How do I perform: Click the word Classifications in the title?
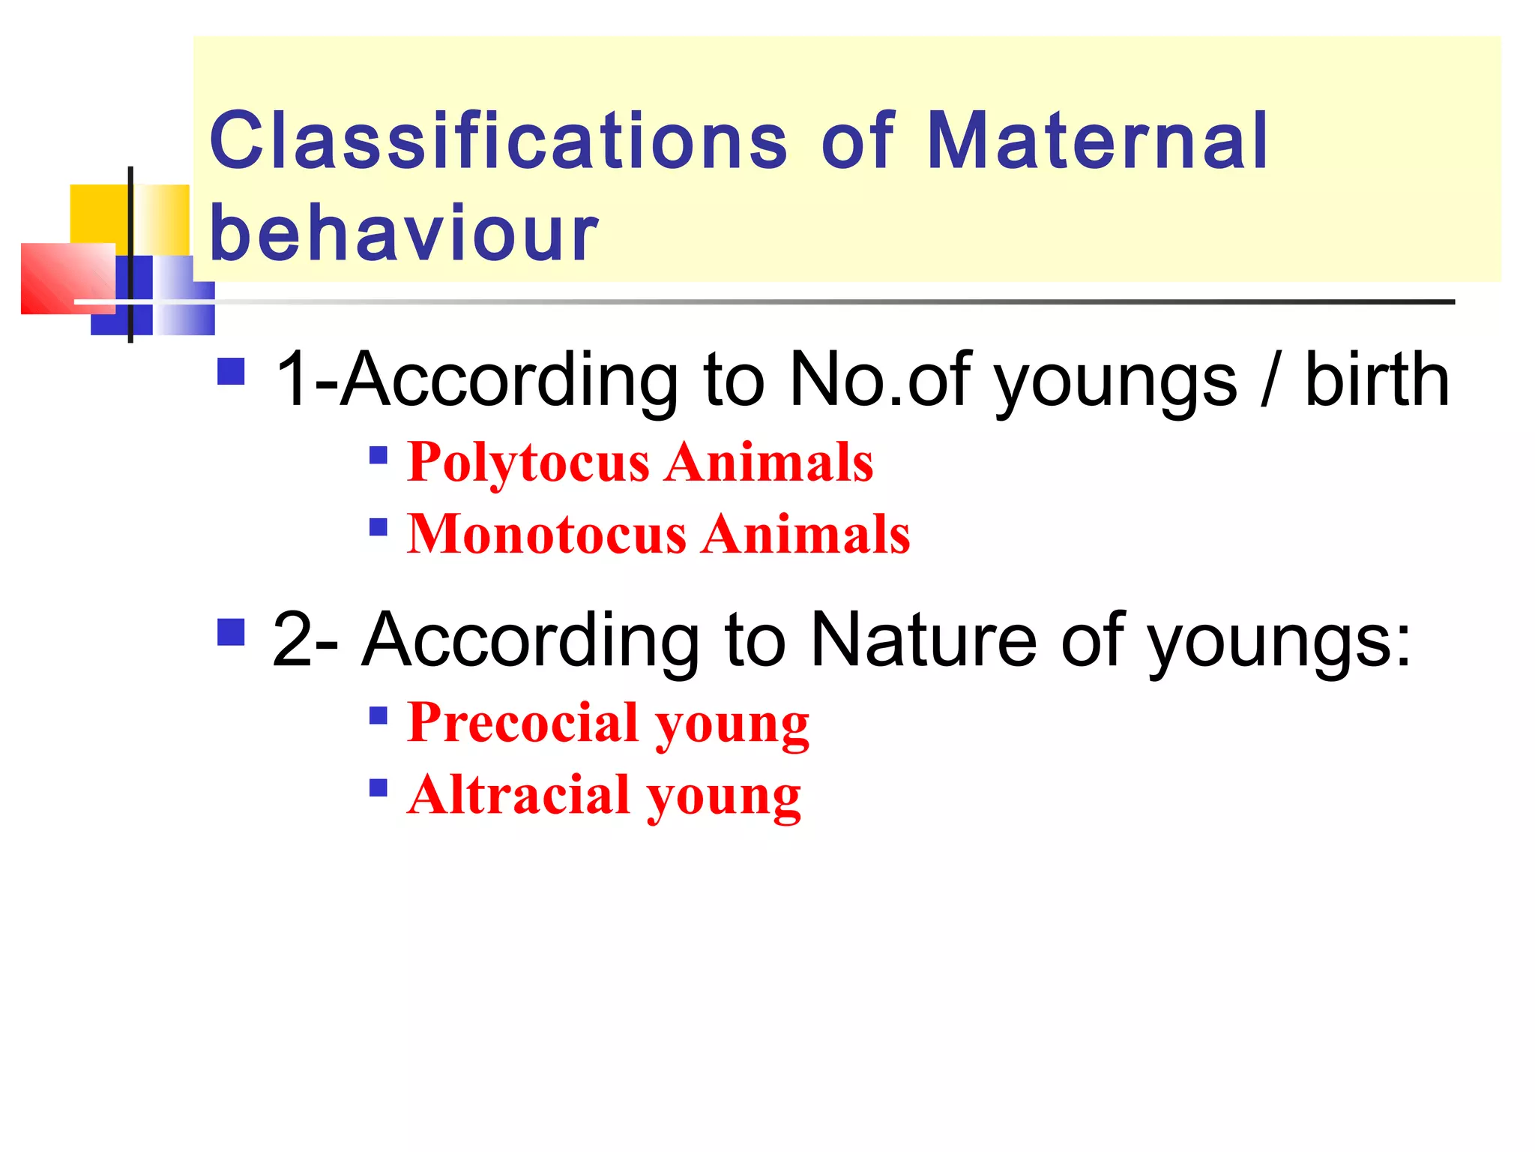click(498, 140)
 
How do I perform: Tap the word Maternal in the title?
click(1097, 140)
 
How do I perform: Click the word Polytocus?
click(528, 462)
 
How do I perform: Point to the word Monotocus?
click(546, 534)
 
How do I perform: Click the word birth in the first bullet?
click(1377, 380)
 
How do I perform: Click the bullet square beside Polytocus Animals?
click(379, 455)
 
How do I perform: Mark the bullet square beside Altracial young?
click(379, 788)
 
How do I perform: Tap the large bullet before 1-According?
click(231, 371)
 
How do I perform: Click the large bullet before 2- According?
click(231, 631)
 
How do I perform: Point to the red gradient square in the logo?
click(64, 277)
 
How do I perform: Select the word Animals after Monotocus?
click(806, 534)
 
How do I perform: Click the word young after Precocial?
click(732, 724)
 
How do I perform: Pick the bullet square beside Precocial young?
click(379, 716)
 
